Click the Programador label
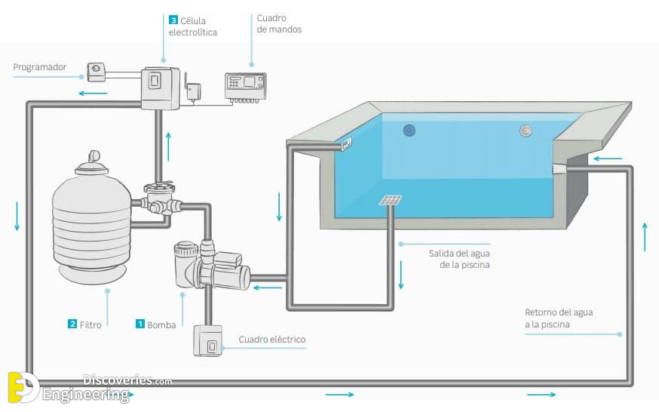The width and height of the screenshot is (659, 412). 39,67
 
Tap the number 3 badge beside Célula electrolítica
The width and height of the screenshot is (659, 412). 173,20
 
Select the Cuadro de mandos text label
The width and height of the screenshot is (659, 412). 279,23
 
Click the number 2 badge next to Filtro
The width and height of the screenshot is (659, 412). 72,324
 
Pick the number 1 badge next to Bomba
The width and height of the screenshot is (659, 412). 140,324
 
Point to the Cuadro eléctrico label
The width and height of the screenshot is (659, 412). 272,340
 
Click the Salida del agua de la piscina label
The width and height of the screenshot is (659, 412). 459,259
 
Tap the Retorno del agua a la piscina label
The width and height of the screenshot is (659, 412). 559,318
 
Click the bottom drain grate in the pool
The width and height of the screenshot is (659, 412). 390,201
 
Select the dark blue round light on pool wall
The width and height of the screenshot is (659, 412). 409,131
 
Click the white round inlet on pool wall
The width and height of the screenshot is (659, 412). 526,131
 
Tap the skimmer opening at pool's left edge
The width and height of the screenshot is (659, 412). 346,144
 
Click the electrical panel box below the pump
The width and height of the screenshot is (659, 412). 207,340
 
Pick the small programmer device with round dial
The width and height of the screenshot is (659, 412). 97,72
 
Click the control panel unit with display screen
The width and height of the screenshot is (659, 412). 246,88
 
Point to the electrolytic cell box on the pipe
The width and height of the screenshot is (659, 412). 160,88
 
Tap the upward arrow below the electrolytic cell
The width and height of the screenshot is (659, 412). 169,146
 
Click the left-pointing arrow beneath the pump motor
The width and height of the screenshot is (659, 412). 268,288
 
